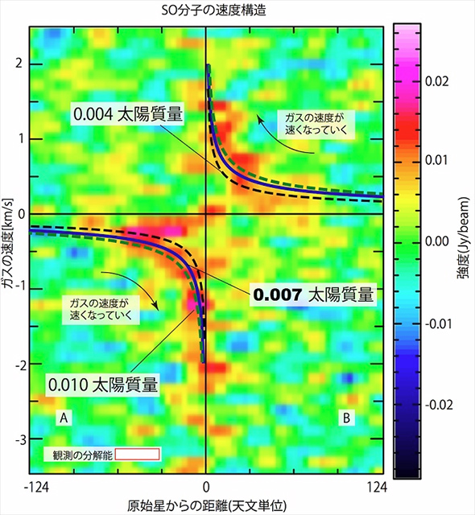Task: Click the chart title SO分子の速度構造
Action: [x=208, y=11]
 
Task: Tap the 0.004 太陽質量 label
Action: [x=128, y=115]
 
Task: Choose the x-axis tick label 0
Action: [x=206, y=488]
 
